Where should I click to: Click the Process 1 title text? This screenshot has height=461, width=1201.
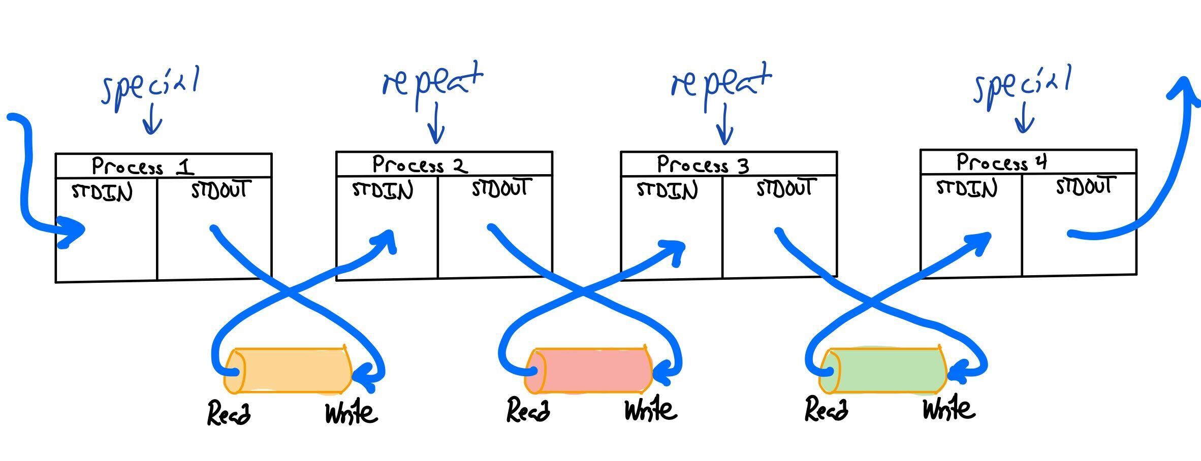point(142,166)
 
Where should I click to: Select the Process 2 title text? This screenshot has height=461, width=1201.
point(420,164)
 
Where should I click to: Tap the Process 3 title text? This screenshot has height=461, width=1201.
point(703,165)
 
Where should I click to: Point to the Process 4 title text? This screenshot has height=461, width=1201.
point(1001,162)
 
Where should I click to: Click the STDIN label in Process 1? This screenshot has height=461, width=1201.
point(102,192)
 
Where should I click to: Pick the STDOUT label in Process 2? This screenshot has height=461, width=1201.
point(501,188)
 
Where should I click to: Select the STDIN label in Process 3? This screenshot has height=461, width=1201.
point(667,190)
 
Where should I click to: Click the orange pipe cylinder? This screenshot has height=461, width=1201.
point(288,371)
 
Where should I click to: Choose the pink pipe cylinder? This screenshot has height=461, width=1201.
point(588,371)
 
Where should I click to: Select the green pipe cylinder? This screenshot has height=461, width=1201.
point(884,371)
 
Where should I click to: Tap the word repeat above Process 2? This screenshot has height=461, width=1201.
point(432,81)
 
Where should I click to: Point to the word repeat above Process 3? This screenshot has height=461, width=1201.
point(721,81)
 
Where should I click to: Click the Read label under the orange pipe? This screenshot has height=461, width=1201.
point(229,412)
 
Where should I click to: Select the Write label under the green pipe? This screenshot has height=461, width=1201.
point(949,409)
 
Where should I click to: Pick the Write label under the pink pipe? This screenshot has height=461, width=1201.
point(650,409)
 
